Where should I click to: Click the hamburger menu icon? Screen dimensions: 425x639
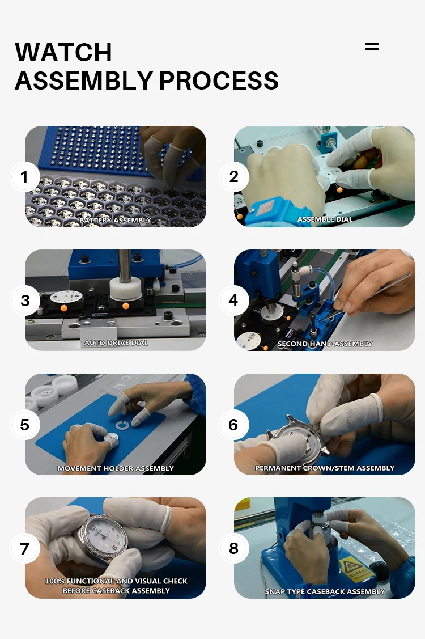point(372,46)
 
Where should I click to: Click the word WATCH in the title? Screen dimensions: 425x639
point(63,52)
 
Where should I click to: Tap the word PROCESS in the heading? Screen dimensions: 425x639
point(219,81)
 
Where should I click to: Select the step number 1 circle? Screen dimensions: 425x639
point(24,177)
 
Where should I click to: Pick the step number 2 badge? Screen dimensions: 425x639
point(233,176)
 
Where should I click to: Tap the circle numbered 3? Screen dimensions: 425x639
point(25,301)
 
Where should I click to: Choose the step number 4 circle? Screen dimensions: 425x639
point(233,301)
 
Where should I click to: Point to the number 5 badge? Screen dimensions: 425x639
point(24,425)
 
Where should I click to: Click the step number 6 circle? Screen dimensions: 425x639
point(233,425)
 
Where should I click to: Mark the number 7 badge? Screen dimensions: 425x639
point(24,548)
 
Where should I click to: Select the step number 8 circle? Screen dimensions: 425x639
point(233,548)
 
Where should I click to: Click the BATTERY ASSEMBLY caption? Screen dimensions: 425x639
point(115,220)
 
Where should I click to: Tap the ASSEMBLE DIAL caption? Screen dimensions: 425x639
point(325,219)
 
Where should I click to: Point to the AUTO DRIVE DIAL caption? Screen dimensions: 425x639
point(116,342)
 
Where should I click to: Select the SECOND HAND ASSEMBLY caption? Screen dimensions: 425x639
point(325,344)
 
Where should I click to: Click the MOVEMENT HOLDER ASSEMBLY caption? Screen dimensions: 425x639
point(115,468)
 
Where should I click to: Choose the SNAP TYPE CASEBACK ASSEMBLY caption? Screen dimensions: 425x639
point(325,591)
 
